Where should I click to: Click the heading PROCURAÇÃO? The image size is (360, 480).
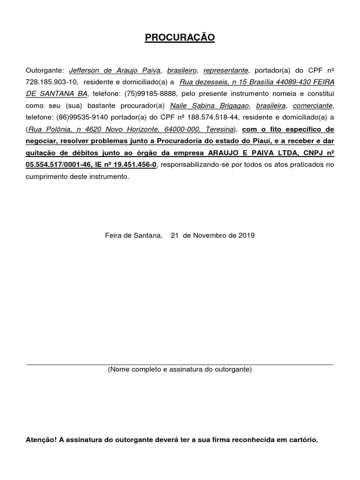coord(180,37)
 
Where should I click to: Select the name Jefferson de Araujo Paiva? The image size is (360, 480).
coord(115,71)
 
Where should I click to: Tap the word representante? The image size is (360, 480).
coord(225,71)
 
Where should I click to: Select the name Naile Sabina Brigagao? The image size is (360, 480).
coord(209,106)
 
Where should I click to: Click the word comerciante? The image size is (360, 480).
coord(313,106)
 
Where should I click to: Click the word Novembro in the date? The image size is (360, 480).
coord(209,235)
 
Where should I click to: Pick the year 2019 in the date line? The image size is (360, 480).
coord(246,235)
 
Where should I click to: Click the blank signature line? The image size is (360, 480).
coord(180,363)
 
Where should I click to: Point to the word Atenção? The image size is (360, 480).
coord(41,440)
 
